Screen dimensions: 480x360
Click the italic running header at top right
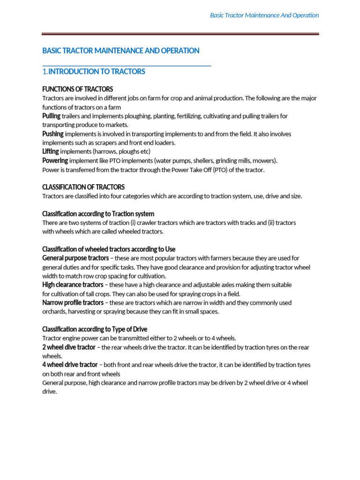point(264,15)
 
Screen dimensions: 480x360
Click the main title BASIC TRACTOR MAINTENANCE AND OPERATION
point(121,51)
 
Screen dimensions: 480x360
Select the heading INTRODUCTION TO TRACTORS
point(97,72)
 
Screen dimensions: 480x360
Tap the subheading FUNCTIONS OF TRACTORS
point(78,89)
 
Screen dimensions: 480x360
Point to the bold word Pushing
point(53,134)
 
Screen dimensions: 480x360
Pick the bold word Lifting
point(51,151)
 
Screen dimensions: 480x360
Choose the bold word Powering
point(55,160)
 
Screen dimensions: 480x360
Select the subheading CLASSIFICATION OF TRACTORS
point(83,187)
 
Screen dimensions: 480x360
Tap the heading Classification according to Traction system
point(98,214)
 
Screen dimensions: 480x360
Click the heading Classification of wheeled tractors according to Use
point(109,249)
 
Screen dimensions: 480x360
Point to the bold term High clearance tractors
point(73,285)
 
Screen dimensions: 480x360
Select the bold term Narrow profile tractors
point(73,302)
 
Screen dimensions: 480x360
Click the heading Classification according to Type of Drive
point(95,329)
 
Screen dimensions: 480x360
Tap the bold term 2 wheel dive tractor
point(69,347)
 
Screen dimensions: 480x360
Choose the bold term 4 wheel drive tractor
point(70,365)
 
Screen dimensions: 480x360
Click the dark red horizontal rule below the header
point(180,34)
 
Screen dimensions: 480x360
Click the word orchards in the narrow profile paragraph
point(55,312)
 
